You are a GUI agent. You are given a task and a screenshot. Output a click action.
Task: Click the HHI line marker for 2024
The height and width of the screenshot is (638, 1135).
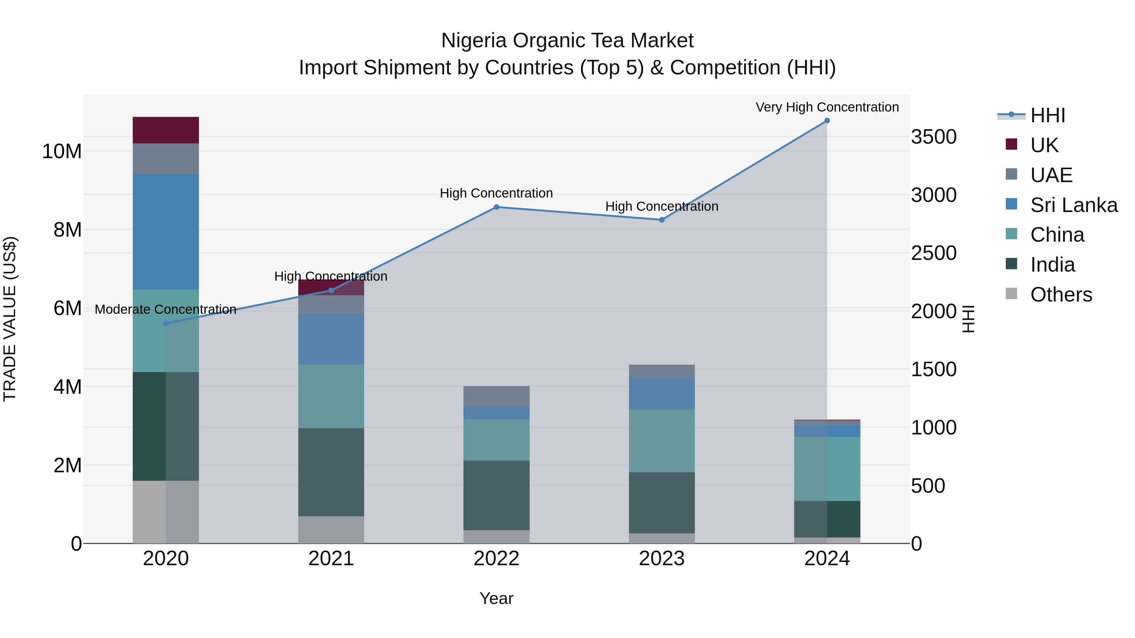tap(827, 121)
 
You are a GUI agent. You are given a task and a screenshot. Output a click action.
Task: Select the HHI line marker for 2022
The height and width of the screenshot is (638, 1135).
tap(496, 207)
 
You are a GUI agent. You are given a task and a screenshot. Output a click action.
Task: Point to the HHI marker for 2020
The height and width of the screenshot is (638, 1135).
tap(166, 323)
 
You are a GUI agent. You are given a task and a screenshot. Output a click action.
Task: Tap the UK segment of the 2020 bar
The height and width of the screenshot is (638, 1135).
tap(166, 130)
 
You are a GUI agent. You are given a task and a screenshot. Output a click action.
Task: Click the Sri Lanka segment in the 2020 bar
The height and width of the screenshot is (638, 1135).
tap(166, 232)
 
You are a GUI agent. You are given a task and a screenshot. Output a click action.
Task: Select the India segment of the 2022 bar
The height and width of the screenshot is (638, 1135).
tap(496, 495)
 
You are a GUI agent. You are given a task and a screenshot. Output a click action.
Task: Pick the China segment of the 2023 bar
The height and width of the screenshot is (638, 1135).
tap(661, 441)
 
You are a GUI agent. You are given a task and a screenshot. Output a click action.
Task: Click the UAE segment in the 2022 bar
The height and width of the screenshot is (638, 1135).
tap(496, 396)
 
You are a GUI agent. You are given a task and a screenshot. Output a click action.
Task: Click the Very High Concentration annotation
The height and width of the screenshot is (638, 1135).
tap(827, 107)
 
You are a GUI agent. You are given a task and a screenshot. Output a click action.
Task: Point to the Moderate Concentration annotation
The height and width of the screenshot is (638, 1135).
tap(166, 309)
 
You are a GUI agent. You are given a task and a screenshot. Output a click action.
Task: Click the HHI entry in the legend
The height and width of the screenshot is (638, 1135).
tap(1047, 115)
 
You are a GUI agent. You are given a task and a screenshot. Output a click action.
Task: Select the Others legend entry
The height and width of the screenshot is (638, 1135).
tap(1061, 295)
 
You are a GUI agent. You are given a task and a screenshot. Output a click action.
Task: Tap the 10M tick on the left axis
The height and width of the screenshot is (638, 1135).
tap(62, 152)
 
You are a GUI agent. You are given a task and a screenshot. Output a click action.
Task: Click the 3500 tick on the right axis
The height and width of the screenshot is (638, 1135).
tap(934, 137)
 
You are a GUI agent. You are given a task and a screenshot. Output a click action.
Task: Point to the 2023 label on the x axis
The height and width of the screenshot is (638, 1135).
tap(661, 559)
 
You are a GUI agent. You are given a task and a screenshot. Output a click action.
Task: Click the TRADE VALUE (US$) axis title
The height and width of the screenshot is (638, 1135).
tap(10, 319)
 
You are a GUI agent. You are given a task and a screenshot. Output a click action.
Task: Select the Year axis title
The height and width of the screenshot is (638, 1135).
tap(496, 598)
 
